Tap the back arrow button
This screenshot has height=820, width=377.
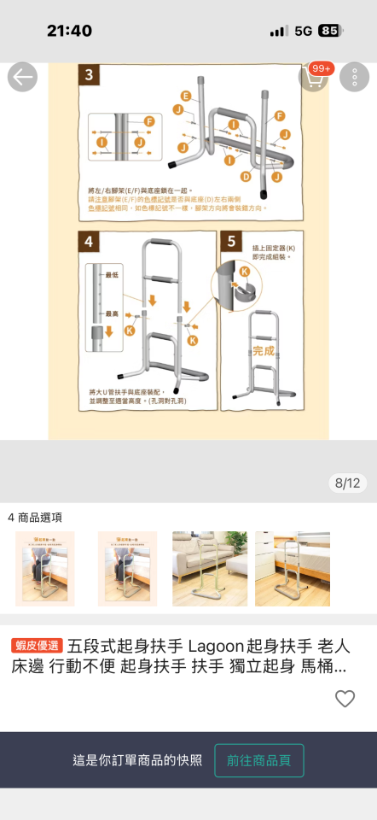pos(22,78)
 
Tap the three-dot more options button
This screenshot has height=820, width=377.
pos(354,78)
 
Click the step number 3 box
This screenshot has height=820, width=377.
pos(90,74)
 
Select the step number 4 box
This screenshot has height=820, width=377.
pos(90,242)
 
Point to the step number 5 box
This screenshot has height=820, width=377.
pos(231,242)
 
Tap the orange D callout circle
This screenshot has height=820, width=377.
pos(245,177)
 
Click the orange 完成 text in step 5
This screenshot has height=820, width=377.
pos(264,351)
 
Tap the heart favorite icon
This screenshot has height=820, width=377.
pos(345,699)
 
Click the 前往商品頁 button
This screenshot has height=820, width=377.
pos(259,760)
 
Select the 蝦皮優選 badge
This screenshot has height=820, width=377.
pos(37,645)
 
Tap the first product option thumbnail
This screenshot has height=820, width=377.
pos(44,569)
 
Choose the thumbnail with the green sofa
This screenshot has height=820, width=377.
pos(210,569)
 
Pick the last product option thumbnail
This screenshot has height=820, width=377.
pos(293,569)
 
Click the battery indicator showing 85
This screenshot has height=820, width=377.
pos(328,31)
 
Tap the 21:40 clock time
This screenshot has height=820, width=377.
pos(69,31)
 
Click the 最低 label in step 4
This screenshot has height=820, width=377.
pos(112,274)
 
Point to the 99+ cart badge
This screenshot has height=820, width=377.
pos(322,68)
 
